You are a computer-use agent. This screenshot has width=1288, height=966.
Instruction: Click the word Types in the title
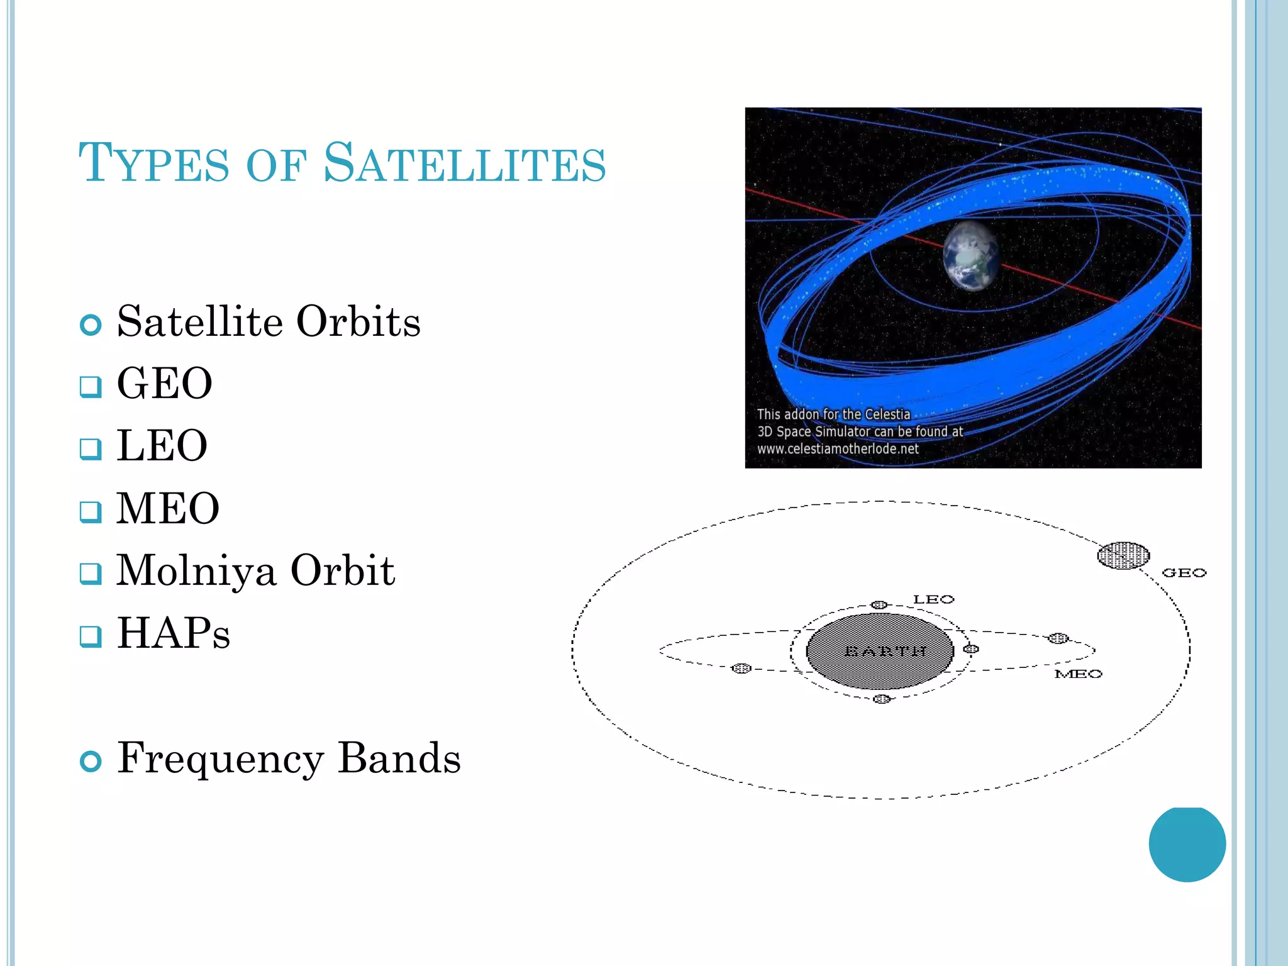click(x=154, y=164)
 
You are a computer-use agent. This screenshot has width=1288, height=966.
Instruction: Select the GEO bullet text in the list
click(x=165, y=383)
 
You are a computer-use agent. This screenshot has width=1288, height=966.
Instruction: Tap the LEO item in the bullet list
click(x=162, y=445)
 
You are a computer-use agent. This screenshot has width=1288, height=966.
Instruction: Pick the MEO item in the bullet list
click(x=168, y=508)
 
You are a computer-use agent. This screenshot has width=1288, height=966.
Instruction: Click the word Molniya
click(x=196, y=570)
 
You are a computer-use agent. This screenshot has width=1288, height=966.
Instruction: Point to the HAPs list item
click(x=174, y=633)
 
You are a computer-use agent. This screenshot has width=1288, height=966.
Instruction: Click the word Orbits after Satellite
click(x=358, y=321)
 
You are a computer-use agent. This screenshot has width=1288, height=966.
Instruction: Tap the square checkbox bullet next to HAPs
click(x=91, y=636)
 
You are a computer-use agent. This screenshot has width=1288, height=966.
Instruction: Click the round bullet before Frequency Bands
click(x=91, y=761)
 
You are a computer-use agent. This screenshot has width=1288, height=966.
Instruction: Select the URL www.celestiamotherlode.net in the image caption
click(x=838, y=449)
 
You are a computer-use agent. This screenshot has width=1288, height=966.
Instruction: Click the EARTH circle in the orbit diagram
click(x=880, y=651)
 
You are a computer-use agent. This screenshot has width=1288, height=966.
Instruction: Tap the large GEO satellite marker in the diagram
click(x=1123, y=555)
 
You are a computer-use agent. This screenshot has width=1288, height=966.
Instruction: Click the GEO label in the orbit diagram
click(x=1184, y=573)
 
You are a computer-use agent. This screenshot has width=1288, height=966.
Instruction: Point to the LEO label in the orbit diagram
click(x=933, y=599)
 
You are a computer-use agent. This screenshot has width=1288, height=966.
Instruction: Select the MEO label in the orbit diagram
click(x=1078, y=674)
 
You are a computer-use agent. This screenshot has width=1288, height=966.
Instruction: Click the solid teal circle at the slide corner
click(x=1187, y=843)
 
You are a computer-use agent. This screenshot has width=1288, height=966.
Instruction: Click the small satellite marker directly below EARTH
click(x=882, y=699)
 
